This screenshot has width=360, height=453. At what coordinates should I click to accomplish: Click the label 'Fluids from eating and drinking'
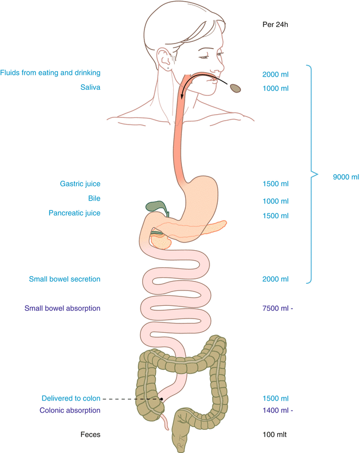(x=50, y=73)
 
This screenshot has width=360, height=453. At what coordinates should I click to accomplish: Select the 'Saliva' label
(x=90, y=87)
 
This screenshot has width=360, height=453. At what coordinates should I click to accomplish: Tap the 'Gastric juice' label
(x=80, y=184)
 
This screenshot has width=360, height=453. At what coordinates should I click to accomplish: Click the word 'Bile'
(x=94, y=198)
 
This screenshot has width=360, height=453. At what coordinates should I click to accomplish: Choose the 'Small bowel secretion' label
(x=65, y=279)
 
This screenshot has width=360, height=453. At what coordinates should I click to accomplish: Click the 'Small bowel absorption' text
(x=62, y=309)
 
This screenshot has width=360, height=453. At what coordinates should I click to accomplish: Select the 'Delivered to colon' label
(x=71, y=398)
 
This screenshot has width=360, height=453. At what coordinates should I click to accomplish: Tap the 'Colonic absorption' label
(x=70, y=411)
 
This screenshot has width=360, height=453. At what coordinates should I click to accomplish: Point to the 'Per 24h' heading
(x=276, y=25)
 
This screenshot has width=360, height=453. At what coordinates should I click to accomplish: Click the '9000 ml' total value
(x=346, y=177)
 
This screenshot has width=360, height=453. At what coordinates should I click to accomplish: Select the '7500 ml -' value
(x=278, y=309)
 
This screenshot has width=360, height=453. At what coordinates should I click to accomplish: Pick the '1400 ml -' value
(x=278, y=411)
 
